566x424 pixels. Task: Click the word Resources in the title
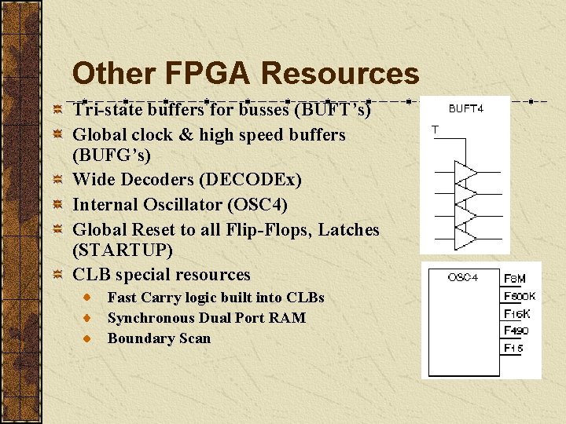(x=340, y=74)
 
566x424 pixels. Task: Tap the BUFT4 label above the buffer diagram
(x=466, y=109)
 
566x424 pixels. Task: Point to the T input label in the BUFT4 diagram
(x=436, y=129)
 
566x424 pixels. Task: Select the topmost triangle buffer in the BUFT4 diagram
(x=465, y=172)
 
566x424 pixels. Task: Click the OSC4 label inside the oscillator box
(x=463, y=277)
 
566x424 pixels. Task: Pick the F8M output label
(x=515, y=279)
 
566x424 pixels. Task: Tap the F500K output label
(x=520, y=296)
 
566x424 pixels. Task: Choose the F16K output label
(x=517, y=313)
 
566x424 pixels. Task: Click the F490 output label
(x=516, y=331)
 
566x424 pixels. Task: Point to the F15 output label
(x=514, y=348)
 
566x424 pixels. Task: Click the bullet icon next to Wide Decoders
(x=57, y=180)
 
